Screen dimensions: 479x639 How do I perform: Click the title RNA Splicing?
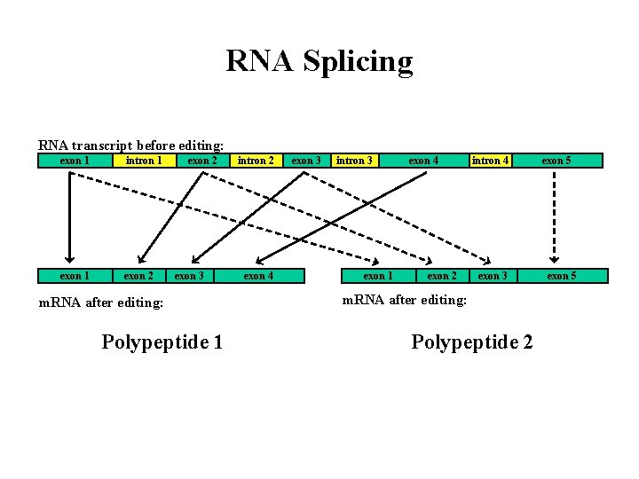(319, 62)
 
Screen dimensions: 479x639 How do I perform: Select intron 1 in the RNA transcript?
(143, 161)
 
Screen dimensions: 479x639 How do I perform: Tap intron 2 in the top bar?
(256, 161)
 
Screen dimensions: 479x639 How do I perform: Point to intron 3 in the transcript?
(354, 161)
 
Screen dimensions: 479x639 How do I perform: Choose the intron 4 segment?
(490, 161)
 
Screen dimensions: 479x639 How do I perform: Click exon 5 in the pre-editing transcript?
(556, 161)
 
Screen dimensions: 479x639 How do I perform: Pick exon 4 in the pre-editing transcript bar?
(423, 161)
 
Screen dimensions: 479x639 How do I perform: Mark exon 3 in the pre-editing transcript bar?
(306, 161)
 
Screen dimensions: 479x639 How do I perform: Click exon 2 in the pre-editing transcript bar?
(202, 161)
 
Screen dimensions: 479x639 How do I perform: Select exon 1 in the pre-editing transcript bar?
(74, 161)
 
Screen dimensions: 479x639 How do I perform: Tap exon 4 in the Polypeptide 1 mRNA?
(258, 276)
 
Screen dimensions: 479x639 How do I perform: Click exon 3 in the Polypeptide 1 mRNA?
(189, 276)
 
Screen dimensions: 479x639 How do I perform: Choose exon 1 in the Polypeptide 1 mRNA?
(74, 276)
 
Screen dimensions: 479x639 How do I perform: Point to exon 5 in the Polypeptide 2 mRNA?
(561, 276)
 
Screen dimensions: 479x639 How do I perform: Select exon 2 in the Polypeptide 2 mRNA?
(442, 276)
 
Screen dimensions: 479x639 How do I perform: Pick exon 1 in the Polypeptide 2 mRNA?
(378, 276)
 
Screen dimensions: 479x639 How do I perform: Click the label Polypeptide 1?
(162, 342)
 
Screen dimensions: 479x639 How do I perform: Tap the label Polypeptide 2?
(472, 342)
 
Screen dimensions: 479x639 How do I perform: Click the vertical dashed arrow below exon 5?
(556, 217)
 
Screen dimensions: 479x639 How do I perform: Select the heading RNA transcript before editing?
(130, 145)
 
